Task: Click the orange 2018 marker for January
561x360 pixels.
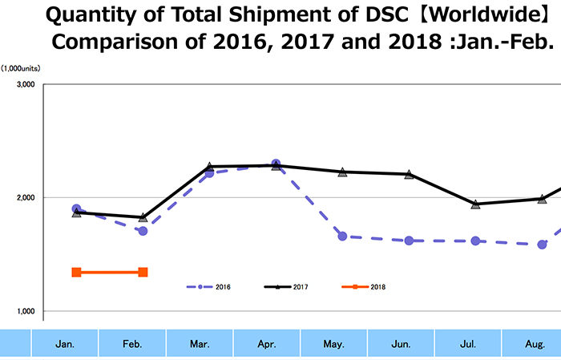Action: (76, 273)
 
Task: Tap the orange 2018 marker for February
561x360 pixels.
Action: (143, 273)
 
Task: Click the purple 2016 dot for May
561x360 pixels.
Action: (342, 237)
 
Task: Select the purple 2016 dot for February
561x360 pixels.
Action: (143, 231)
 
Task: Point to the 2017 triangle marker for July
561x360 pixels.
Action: (475, 204)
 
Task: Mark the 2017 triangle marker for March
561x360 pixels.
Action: (209, 168)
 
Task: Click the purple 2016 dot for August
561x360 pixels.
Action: (542, 245)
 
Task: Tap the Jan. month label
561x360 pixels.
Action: (66, 344)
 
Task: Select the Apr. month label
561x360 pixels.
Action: (267, 344)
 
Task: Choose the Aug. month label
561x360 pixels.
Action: (535, 344)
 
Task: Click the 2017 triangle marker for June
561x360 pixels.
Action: (409, 174)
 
